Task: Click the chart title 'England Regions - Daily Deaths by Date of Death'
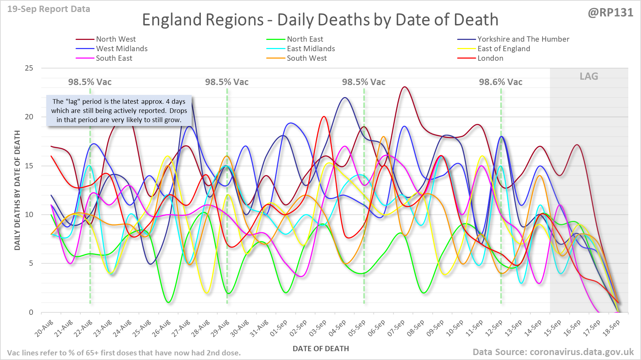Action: (320, 20)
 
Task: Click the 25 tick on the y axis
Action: (29, 68)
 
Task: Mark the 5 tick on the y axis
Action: (31, 263)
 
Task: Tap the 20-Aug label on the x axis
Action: (44, 328)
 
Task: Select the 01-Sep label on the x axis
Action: (279, 328)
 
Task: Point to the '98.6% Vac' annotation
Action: (501, 82)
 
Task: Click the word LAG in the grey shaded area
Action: (589, 76)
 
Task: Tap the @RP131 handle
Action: (610, 13)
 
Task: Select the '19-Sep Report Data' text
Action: (49, 9)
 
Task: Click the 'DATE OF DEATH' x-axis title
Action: (320, 349)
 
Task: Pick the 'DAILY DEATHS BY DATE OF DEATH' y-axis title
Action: (17, 191)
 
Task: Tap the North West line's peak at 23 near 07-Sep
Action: (405, 87)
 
